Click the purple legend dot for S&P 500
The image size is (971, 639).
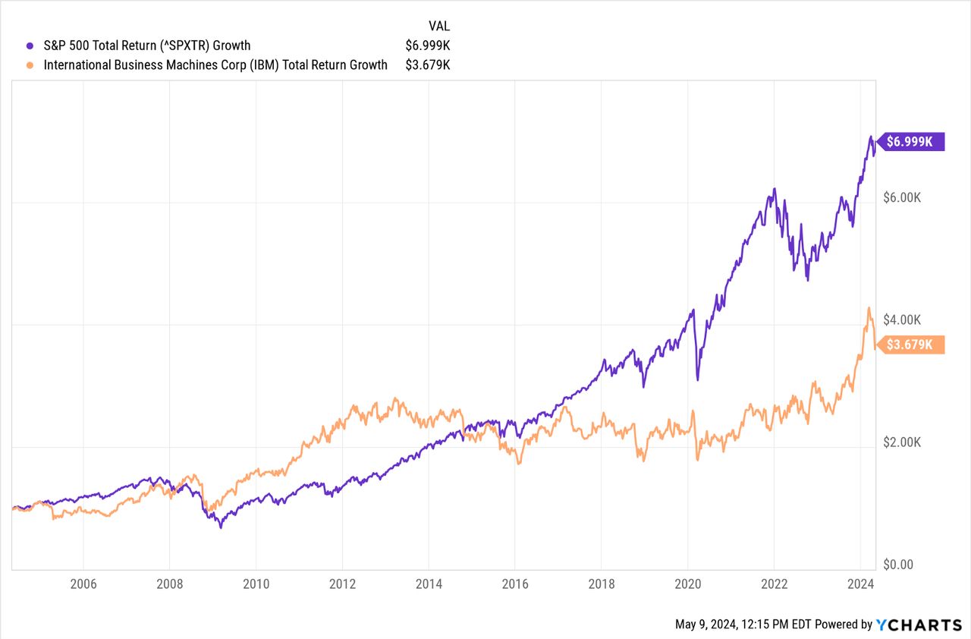coord(30,46)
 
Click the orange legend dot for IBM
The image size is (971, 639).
coord(30,65)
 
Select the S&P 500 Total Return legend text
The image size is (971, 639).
coord(147,46)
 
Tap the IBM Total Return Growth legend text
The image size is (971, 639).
coord(215,65)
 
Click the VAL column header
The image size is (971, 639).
coord(439,26)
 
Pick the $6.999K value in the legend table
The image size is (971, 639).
coord(429,46)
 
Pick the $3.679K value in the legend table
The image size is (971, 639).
coord(429,65)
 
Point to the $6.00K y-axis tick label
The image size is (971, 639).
coord(901,197)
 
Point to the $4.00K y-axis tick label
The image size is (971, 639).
coord(901,319)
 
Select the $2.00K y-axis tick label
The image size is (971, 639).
coord(901,442)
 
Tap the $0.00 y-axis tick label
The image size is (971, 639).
coord(898,565)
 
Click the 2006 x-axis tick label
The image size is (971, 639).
coord(83,585)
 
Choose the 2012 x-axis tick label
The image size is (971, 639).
coord(342,585)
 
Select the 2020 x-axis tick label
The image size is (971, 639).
coord(687,585)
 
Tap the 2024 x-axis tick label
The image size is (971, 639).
coord(859,585)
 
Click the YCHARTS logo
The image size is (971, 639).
coord(919,625)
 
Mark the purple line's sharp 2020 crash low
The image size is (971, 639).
coord(697,379)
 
